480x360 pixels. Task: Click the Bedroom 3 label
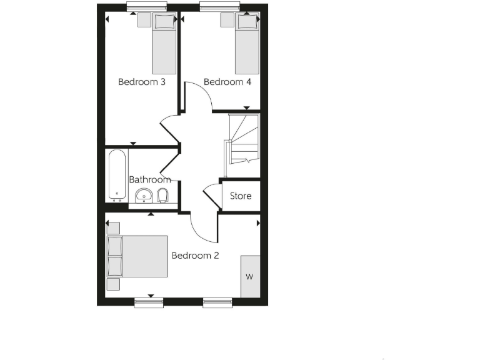pos(142,82)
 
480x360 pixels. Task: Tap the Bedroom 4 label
pos(223,82)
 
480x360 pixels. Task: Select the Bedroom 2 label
pos(195,255)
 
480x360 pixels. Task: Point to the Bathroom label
pos(150,179)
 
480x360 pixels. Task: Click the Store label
pos(241,196)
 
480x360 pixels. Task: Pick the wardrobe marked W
pos(250,276)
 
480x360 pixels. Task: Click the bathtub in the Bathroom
pos(116,174)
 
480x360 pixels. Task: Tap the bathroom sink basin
pos(144,197)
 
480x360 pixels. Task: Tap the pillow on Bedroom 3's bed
pos(164,22)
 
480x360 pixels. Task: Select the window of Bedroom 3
pos(142,7)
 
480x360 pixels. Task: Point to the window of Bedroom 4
pos(221,7)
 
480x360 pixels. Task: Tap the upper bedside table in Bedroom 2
pos(113,227)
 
